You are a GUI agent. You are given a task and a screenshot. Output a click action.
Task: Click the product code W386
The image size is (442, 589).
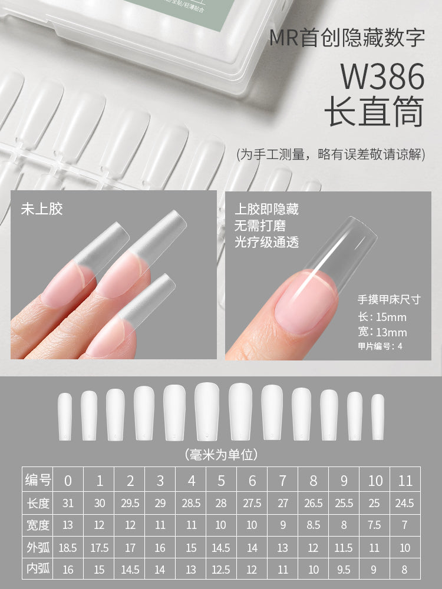[x=382, y=77]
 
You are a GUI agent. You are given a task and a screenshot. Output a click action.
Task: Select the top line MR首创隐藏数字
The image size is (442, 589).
[x=347, y=38]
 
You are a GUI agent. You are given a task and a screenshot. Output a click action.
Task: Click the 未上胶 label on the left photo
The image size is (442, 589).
[x=42, y=209]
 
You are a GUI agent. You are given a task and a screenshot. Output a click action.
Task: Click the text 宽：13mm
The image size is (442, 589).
[x=382, y=332]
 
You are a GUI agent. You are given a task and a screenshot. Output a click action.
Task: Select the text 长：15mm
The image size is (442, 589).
[x=382, y=317]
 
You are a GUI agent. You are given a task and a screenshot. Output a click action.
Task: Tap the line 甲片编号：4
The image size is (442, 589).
[x=380, y=346]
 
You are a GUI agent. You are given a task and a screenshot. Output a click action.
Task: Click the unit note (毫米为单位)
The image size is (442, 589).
[x=221, y=454]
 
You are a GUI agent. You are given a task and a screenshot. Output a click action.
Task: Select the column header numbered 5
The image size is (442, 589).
[x=221, y=481]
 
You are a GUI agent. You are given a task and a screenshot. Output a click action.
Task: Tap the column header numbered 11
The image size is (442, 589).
[x=405, y=481]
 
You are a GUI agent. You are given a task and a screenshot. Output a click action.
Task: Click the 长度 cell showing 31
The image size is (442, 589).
[x=68, y=504]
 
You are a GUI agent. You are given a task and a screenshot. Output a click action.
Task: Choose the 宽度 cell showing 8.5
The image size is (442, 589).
[x=313, y=525]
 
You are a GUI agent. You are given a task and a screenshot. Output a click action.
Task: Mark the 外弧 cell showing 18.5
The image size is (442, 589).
[x=68, y=548]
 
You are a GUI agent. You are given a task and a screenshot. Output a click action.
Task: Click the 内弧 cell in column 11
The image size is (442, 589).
[x=405, y=570]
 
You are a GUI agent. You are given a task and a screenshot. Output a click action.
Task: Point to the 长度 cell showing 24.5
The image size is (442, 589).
[x=405, y=504]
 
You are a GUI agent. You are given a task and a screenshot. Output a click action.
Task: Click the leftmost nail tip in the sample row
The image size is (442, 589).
[x=65, y=415]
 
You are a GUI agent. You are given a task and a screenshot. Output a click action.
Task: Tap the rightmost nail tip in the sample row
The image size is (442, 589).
[x=378, y=415]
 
